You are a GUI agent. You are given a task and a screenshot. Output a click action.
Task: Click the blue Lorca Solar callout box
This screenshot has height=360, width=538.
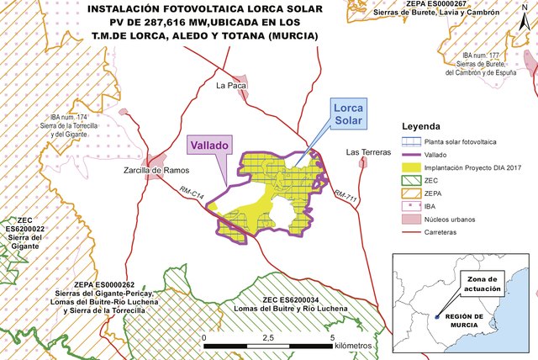point(348,115)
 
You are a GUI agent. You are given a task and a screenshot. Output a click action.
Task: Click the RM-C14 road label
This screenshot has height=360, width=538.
point(193,194)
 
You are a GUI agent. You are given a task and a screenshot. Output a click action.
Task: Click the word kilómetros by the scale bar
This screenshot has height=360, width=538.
point(346,346)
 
